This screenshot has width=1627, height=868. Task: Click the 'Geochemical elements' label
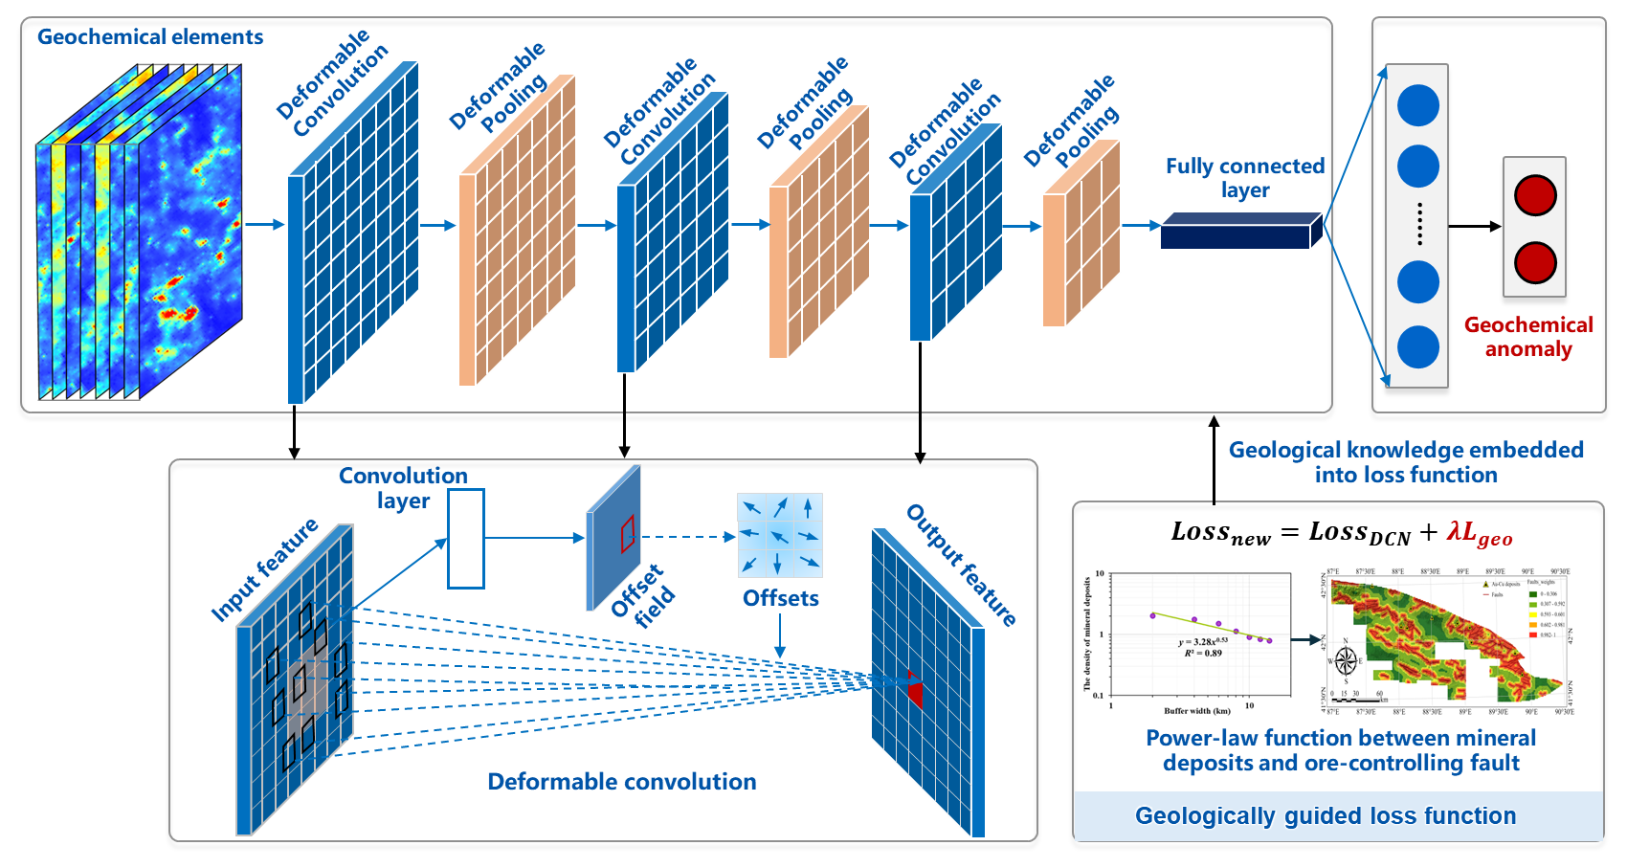[x=150, y=37]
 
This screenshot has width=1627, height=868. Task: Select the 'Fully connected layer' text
[x=1244, y=178]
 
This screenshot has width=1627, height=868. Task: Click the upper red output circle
[x=1535, y=195]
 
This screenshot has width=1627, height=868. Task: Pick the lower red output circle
[x=1535, y=262]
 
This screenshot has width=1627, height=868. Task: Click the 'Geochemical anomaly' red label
[x=1528, y=337]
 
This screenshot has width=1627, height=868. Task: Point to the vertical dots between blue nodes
[x=1419, y=224]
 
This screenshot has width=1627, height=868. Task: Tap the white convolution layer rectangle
[x=466, y=539]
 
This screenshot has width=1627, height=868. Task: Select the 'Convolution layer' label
[x=403, y=488]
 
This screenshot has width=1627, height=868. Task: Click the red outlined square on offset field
[x=628, y=534]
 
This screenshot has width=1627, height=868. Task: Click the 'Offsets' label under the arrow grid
[x=781, y=598]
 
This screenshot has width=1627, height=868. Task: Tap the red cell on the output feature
[x=915, y=692]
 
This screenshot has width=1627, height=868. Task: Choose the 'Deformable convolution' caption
[x=622, y=782]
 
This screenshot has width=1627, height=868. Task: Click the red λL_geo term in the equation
[x=1480, y=533]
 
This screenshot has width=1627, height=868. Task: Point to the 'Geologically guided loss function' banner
[x=1326, y=816]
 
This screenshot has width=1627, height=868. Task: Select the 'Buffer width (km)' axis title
[x=1197, y=711]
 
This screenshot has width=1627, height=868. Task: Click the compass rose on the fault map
[x=1346, y=660]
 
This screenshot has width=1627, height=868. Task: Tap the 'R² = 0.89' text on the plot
[x=1203, y=654]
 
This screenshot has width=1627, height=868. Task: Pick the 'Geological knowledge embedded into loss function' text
[x=1406, y=462]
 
